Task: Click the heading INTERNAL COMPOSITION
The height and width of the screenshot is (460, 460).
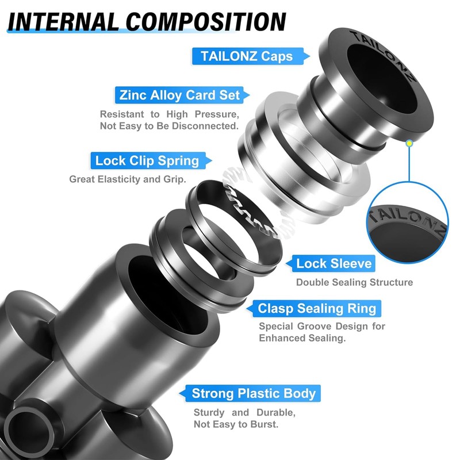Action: pos(147,21)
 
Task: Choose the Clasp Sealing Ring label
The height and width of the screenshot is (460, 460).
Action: pos(313,308)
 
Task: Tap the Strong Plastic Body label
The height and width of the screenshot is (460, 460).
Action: pos(250,393)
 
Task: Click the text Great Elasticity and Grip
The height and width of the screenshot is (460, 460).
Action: pos(128,179)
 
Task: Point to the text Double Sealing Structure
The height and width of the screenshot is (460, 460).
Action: pos(354,282)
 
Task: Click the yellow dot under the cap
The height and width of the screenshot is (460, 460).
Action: pos(409,143)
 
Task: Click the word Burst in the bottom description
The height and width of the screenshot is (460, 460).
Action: pos(264,424)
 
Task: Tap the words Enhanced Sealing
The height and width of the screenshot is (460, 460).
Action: pos(302,338)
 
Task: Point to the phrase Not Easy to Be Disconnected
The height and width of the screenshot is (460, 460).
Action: pos(169,126)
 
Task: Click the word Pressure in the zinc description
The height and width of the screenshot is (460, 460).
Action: pos(217,114)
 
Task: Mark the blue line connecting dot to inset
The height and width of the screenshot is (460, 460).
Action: pos(409,164)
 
